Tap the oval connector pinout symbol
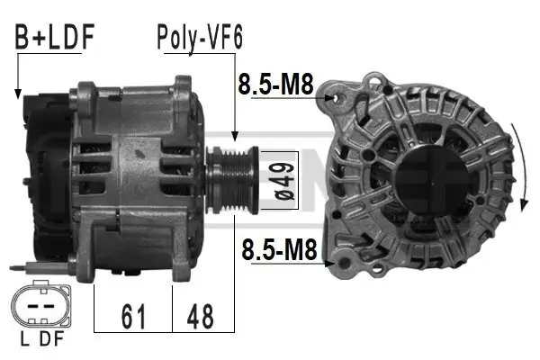tap(40, 307)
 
